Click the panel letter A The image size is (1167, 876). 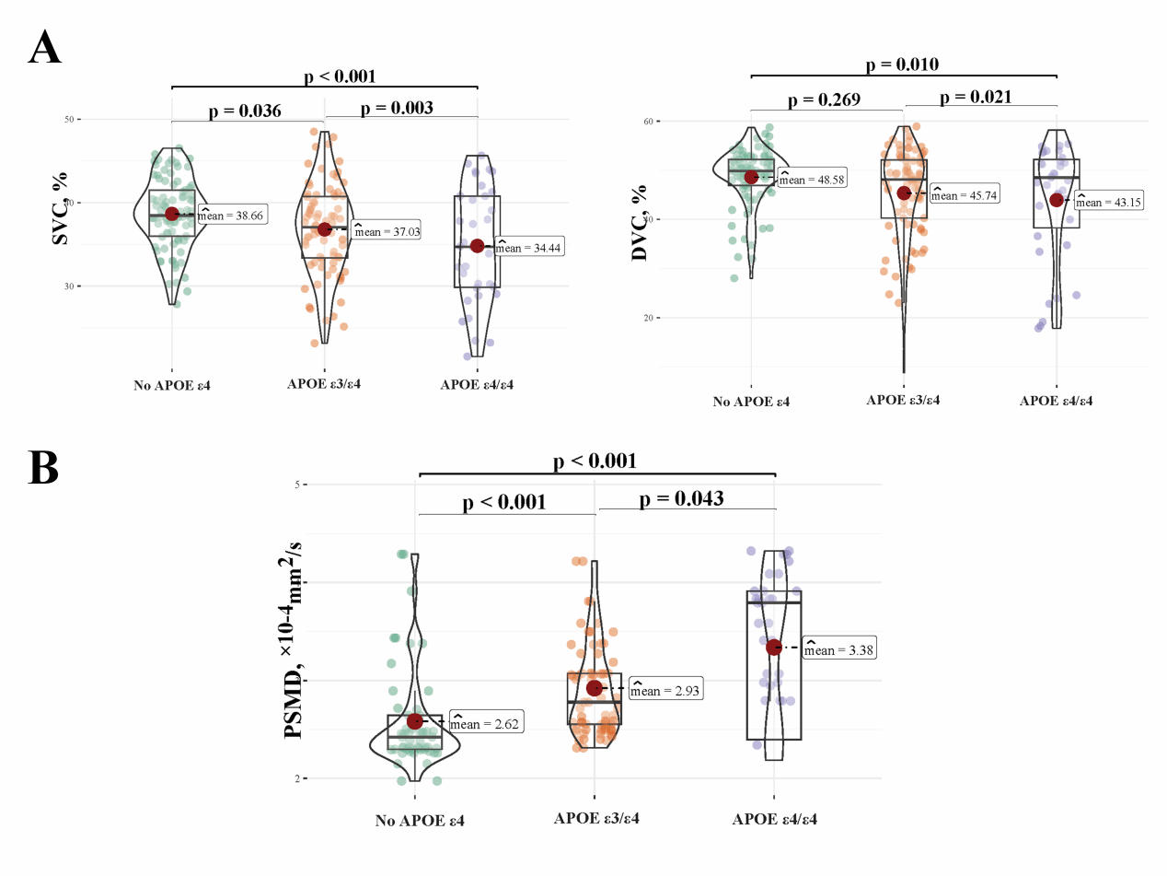coord(45,47)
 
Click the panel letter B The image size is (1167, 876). coord(43,468)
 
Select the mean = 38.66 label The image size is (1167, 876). coord(232,215)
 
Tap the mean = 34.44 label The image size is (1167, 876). coord(529,247)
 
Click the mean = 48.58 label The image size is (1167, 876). coord(812,179)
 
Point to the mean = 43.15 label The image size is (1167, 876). coord(1108,202)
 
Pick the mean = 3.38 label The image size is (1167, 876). coord(839,648)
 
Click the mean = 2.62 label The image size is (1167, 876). coord(487,723)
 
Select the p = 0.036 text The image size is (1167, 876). coord(245,111)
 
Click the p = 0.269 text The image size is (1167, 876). coord(824,99)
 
